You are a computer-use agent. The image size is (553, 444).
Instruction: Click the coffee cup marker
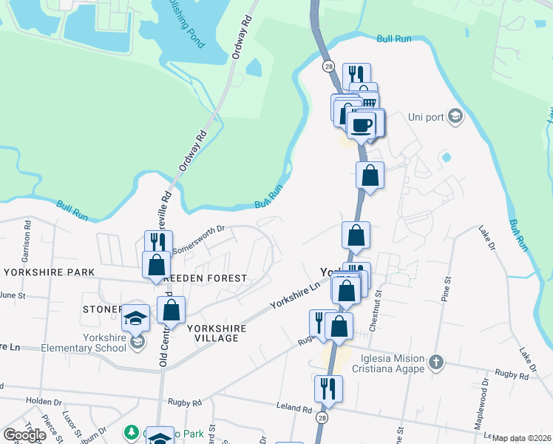[x=362, y=124]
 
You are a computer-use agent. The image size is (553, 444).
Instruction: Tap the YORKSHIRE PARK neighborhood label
[x=50, y=272]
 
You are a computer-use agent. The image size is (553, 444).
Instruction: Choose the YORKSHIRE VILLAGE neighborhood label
[x=213, y=332]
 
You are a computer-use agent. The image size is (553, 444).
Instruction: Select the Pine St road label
[x=445, y=288]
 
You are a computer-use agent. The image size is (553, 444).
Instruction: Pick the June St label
[x=13, y=295]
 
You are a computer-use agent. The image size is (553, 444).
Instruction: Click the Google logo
[x=24, y=435]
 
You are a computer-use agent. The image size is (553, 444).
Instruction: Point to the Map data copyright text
[x=521, y=438]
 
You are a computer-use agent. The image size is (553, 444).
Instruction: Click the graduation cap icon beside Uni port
[x=456, y=116]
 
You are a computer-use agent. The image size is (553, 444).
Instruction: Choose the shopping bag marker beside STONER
[x=171, y=310]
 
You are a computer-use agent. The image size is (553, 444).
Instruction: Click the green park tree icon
[x=132, y=431]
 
